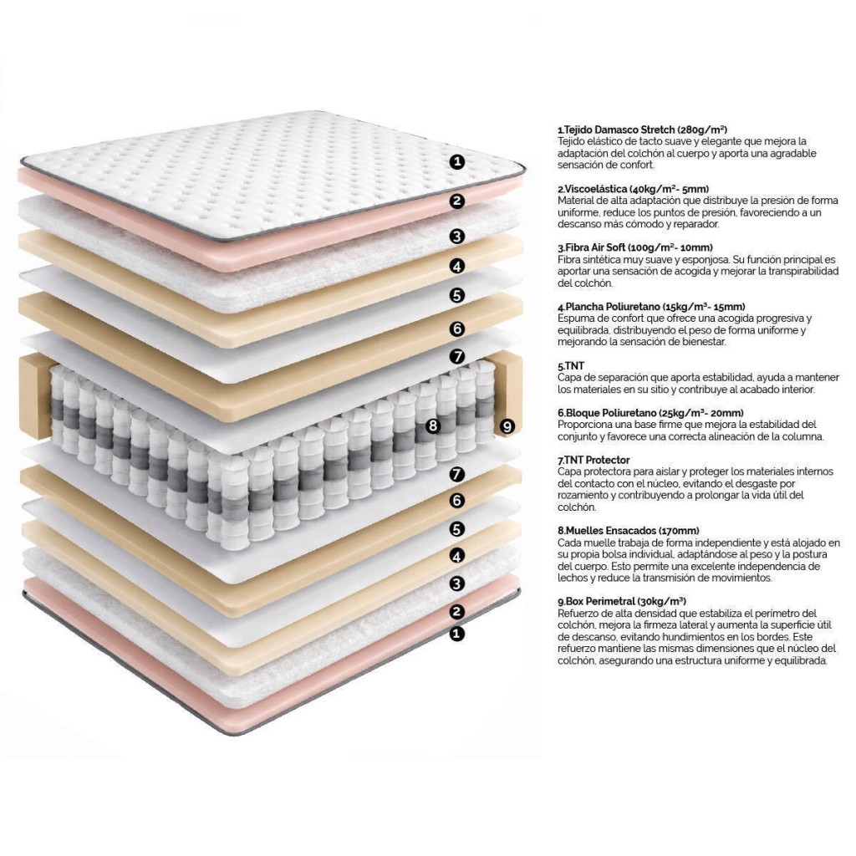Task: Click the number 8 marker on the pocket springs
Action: tap(433, 425)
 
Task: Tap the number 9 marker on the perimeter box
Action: tap(507, 426)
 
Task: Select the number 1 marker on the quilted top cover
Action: tap(457, 161)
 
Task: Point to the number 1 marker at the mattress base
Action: tap(457, 634)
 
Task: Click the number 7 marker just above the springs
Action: tap(457, 356)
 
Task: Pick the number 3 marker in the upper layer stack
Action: tap(457, 237)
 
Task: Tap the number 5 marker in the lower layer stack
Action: tap(457, 529)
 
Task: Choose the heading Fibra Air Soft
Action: tap(595, 247)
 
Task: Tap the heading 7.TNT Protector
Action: tap(594, 461)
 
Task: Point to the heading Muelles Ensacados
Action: tap(610, 531)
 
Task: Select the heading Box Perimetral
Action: tap(600, 602)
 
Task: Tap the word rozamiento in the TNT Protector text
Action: tap(580, 496)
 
